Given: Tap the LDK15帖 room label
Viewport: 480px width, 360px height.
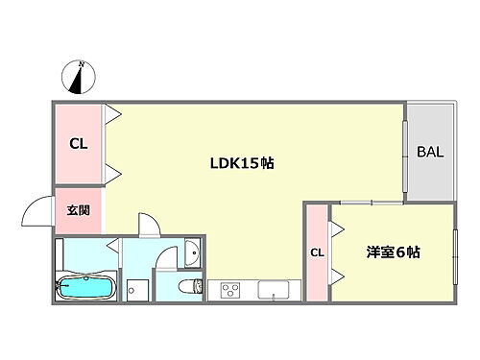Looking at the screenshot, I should pos(243,163).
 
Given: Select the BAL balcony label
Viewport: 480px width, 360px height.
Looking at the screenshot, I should pos(428,152).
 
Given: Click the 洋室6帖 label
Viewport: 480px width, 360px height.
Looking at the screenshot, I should pos(392,252).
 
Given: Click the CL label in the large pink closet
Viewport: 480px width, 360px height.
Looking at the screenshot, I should pos(78,145).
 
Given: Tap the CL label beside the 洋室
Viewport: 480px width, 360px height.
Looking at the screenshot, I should pos(316,252).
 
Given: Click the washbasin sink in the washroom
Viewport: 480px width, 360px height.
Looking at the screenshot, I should pos(193,252).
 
